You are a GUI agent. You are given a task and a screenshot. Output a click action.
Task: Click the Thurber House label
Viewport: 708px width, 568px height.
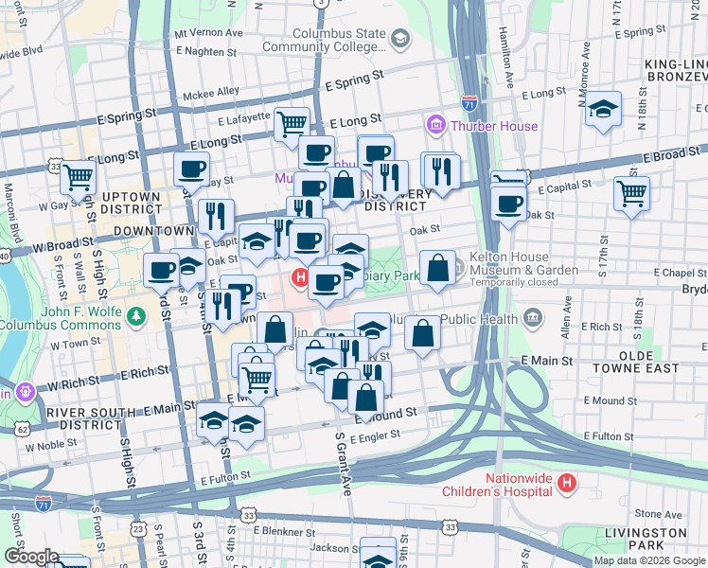coord(494,126)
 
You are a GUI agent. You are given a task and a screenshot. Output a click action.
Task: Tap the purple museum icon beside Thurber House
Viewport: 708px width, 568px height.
coord(436,125)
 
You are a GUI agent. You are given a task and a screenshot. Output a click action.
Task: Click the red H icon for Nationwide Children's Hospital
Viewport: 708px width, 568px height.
coord(566,484)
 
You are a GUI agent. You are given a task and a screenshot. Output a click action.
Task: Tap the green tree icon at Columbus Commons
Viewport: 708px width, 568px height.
coord(138,313)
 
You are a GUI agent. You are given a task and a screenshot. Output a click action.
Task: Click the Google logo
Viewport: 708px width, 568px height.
coord(31,557)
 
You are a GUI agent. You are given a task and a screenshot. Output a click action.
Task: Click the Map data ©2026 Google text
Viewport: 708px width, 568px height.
coord(649,560)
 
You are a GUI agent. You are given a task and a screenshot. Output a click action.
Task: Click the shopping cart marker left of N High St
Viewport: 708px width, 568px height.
coord(79,175)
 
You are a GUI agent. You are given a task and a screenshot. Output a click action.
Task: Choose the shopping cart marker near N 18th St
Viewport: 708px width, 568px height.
coord(630,192)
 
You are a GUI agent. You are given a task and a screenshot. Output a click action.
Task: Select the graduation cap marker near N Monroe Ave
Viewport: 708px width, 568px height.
coord(602,109)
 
